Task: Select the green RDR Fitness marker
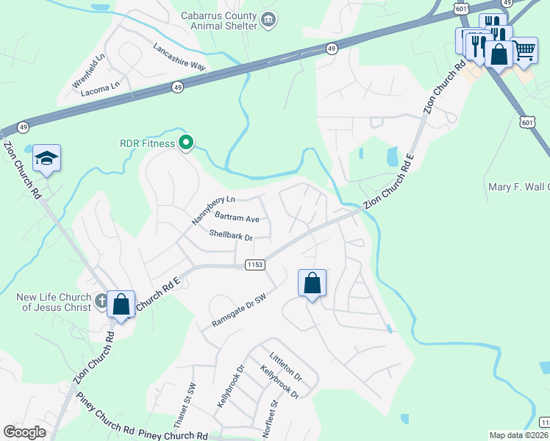187,143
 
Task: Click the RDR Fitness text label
148,143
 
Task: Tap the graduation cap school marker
46,158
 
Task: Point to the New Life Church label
56,302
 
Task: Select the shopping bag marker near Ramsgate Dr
312,283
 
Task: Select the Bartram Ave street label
237,218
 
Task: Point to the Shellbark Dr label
230,237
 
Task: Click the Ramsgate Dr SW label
238,309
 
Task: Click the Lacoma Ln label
100,86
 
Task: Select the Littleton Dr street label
286,365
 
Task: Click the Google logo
25,432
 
